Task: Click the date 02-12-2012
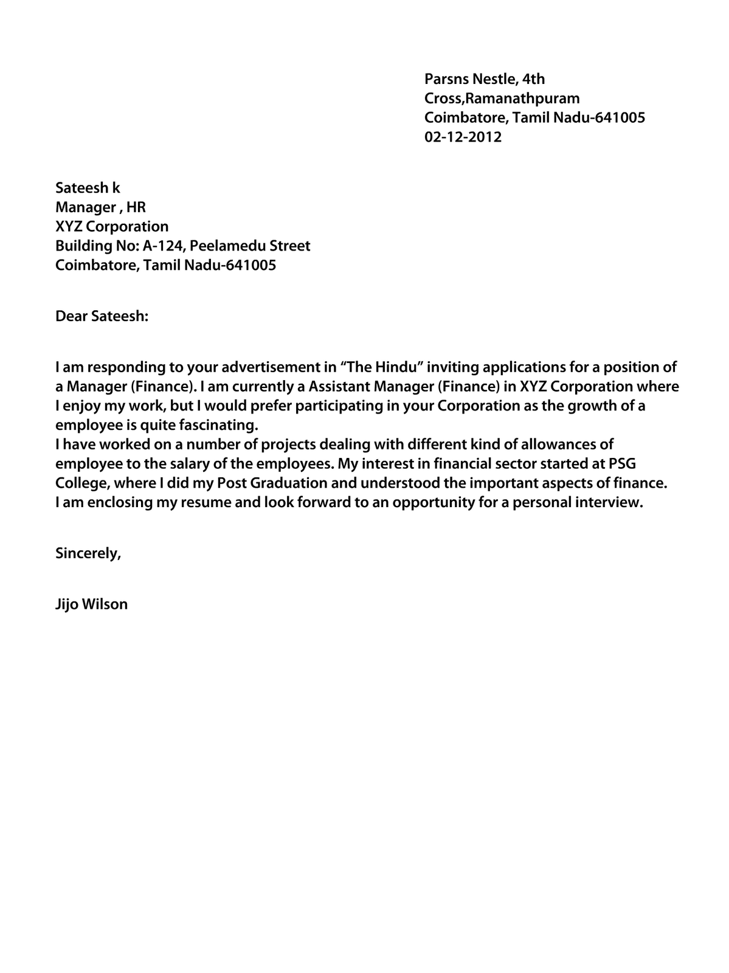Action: (463, 137)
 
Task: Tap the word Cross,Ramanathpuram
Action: (502, 98)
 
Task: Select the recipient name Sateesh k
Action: (88, 188)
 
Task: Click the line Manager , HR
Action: (100, 207)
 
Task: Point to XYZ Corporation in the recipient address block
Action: (112, 227)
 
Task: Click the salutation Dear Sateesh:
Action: (102, 316)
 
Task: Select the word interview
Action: (612, 503)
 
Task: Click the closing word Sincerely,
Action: (88, 553)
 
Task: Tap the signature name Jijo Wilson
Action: (91, 604)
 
